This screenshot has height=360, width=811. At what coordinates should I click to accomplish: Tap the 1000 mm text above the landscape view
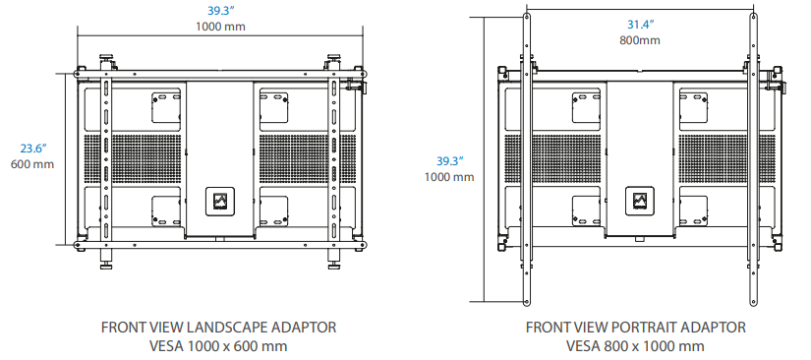point(220,27)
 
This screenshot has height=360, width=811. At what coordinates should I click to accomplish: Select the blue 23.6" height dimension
point(33,149)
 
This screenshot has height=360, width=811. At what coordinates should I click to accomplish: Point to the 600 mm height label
point(32,165)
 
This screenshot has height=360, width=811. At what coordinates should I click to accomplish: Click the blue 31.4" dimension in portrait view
point(640,24)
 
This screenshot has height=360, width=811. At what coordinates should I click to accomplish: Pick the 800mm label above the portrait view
point(640,39)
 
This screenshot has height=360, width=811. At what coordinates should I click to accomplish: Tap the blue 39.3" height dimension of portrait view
point(449,161)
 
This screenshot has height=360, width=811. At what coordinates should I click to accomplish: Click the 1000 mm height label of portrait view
point(449,177)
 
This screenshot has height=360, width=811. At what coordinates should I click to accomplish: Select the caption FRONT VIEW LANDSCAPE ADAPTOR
point(219,328)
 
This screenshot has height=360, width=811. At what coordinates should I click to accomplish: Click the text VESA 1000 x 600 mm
point(219,345)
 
